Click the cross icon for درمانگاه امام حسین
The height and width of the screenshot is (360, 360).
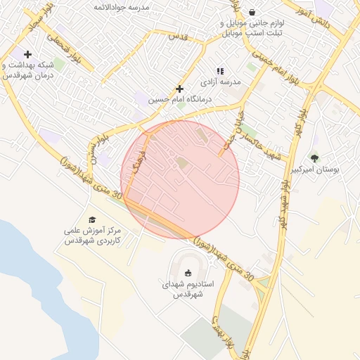click(x=180, y=89)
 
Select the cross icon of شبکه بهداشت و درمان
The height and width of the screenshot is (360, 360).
click(x=27, y=54)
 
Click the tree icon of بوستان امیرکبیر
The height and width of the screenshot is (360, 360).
click(x=314, y=158)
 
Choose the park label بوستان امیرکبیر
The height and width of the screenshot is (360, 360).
click(x=314, y=170)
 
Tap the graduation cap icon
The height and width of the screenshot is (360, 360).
click(x=92, y=219)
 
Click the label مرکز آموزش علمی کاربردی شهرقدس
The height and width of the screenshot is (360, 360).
click(x=93, y=236)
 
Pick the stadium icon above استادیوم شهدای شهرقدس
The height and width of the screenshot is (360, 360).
click(x=188, y=274)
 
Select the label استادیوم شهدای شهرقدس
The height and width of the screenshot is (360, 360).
click(x=188, y=290)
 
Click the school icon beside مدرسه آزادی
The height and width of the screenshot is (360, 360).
click(x=220, y=71)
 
